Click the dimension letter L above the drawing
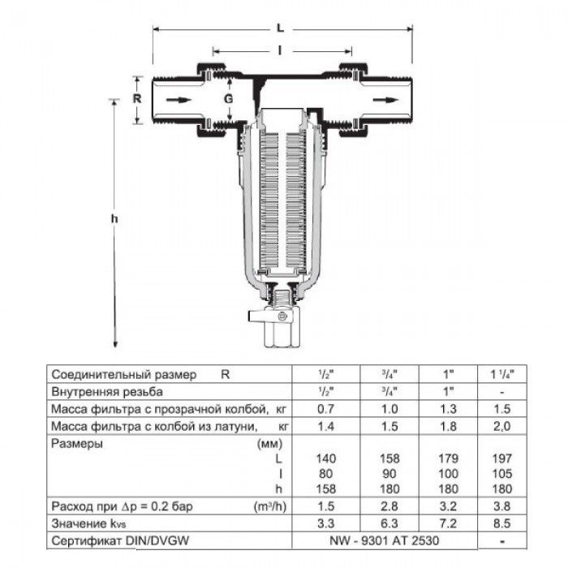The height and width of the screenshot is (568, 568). coord(280,28)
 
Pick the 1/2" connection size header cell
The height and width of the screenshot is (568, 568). coord(324,375)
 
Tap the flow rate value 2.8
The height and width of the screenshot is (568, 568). coord(388,506)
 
